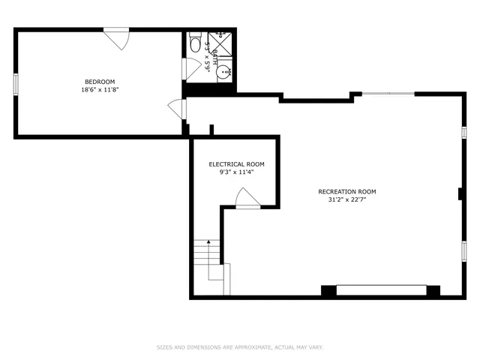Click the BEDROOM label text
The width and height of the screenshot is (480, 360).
pos(99,82)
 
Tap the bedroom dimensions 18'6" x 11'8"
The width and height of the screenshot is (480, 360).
pos(99,90)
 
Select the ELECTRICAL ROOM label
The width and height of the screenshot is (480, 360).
pos(236,164)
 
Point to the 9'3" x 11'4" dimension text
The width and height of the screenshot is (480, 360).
pos(236,172)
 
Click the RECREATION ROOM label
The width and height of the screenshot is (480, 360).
pos(346,192)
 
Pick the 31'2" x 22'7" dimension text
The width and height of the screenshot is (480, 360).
pos(346,200)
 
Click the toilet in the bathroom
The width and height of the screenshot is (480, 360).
pos(195,40)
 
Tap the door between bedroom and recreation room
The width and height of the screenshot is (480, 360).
pos(178,109)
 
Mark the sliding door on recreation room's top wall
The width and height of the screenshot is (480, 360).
pos(388,94)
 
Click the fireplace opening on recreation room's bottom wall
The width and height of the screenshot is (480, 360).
pos(381,290)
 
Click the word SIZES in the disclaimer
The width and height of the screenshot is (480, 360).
pos(164,347)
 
